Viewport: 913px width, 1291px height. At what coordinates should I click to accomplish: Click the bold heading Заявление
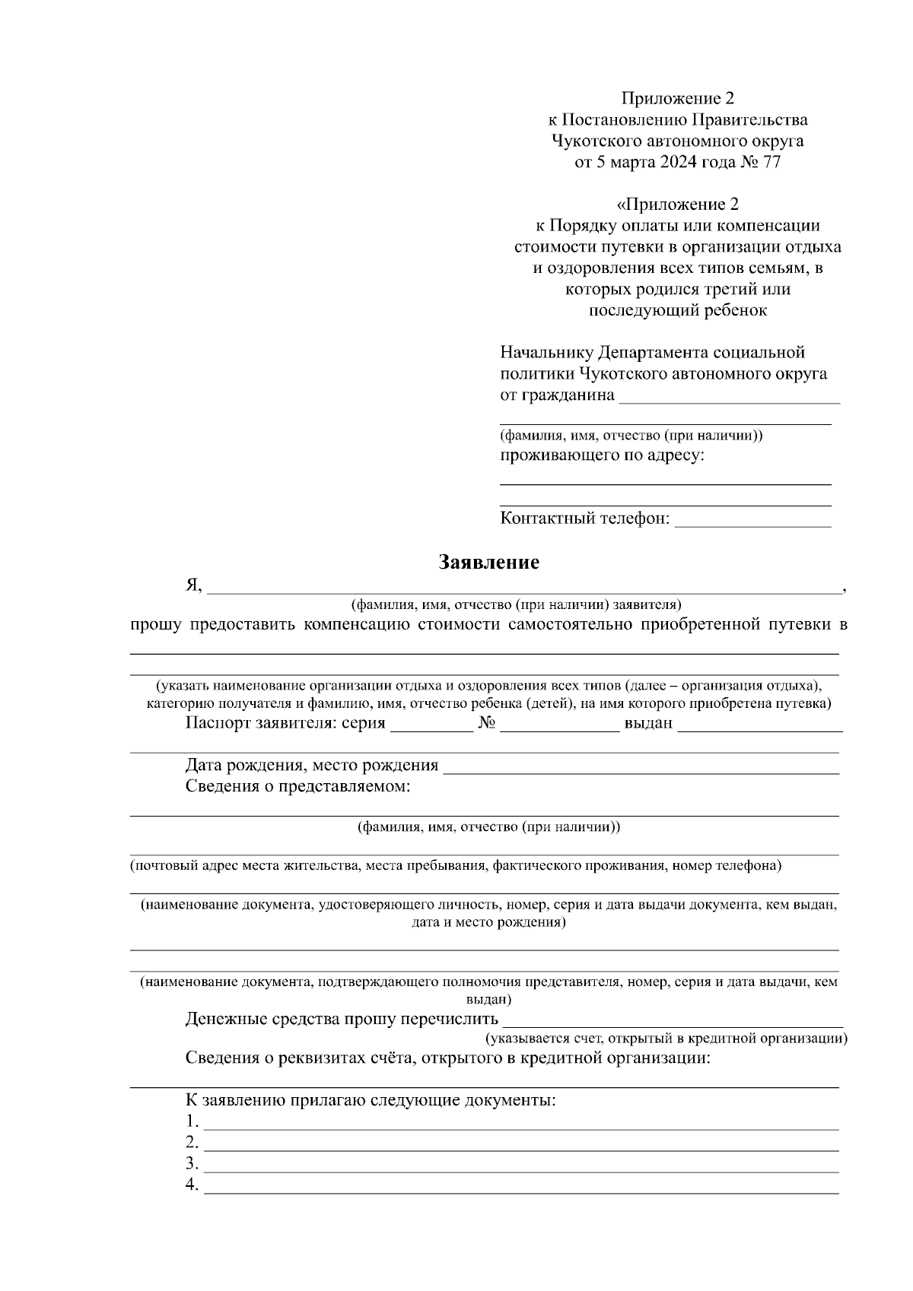pos(488,563)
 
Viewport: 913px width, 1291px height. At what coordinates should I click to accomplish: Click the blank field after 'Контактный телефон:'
pos(752,522)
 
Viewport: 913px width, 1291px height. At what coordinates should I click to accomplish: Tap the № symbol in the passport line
pos(487,723)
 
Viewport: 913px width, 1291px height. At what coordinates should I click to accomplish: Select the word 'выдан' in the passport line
pos(648,723)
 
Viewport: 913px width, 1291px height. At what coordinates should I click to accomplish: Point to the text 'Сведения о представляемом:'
pos(298,786)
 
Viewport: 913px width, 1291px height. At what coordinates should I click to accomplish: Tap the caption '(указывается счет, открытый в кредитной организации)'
pos(666,1039)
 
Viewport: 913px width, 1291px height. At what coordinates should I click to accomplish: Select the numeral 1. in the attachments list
pos(192,1121)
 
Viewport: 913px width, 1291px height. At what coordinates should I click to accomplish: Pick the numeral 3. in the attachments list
pos(192,1164)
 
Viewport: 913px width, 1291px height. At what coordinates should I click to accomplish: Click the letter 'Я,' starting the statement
pos(193,585)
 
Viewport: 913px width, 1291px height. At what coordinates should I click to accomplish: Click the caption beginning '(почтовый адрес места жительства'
pos(455,865)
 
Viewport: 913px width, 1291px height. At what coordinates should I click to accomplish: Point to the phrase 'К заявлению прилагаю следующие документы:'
pos(371,1100)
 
